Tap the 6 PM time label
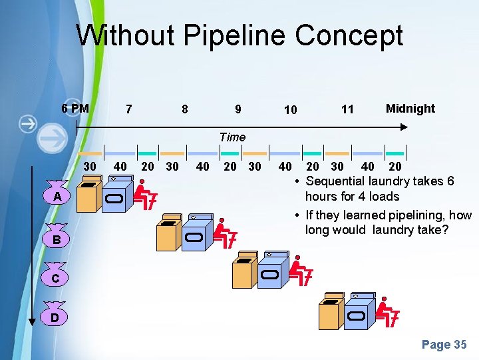(x=75, y=108)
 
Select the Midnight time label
(x=410, y=108)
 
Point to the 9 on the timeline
(x=238, y=109)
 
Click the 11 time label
(x=347, y=109)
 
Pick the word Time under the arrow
(x=232, y=137)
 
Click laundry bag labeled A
(x=58, y=195)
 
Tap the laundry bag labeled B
(x=57, y=237)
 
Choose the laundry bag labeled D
(x=57, y=318)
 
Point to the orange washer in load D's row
(x=331, y=313)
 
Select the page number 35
(x=444, y=345)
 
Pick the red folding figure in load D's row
(x=387, y=312)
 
